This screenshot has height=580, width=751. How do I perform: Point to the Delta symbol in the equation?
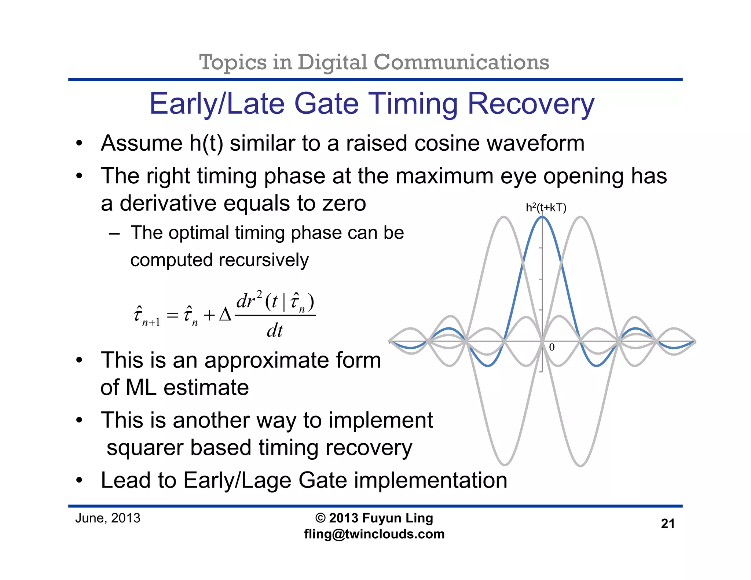[x=225, y=315]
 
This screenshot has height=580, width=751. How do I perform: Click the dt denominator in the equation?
[x=275, y=331]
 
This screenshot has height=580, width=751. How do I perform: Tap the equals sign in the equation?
[x=172, y=315]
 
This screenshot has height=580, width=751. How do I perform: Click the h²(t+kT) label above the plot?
[x=546, y=208]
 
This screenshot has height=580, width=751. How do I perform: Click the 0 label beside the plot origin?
[x=552, y=347]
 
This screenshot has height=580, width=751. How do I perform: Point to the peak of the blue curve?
[x=542, y=217]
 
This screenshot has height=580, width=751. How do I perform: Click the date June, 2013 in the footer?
[x=107, y=518]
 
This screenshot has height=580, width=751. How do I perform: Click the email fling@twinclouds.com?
[x=374, y=534]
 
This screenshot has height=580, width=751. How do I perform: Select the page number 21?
[x=667, y=524]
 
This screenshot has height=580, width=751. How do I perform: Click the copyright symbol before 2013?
[x=320, y=518]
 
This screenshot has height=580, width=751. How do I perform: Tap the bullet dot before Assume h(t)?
[x=79, y=144]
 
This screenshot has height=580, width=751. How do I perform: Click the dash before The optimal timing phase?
[x=114, y=233]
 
